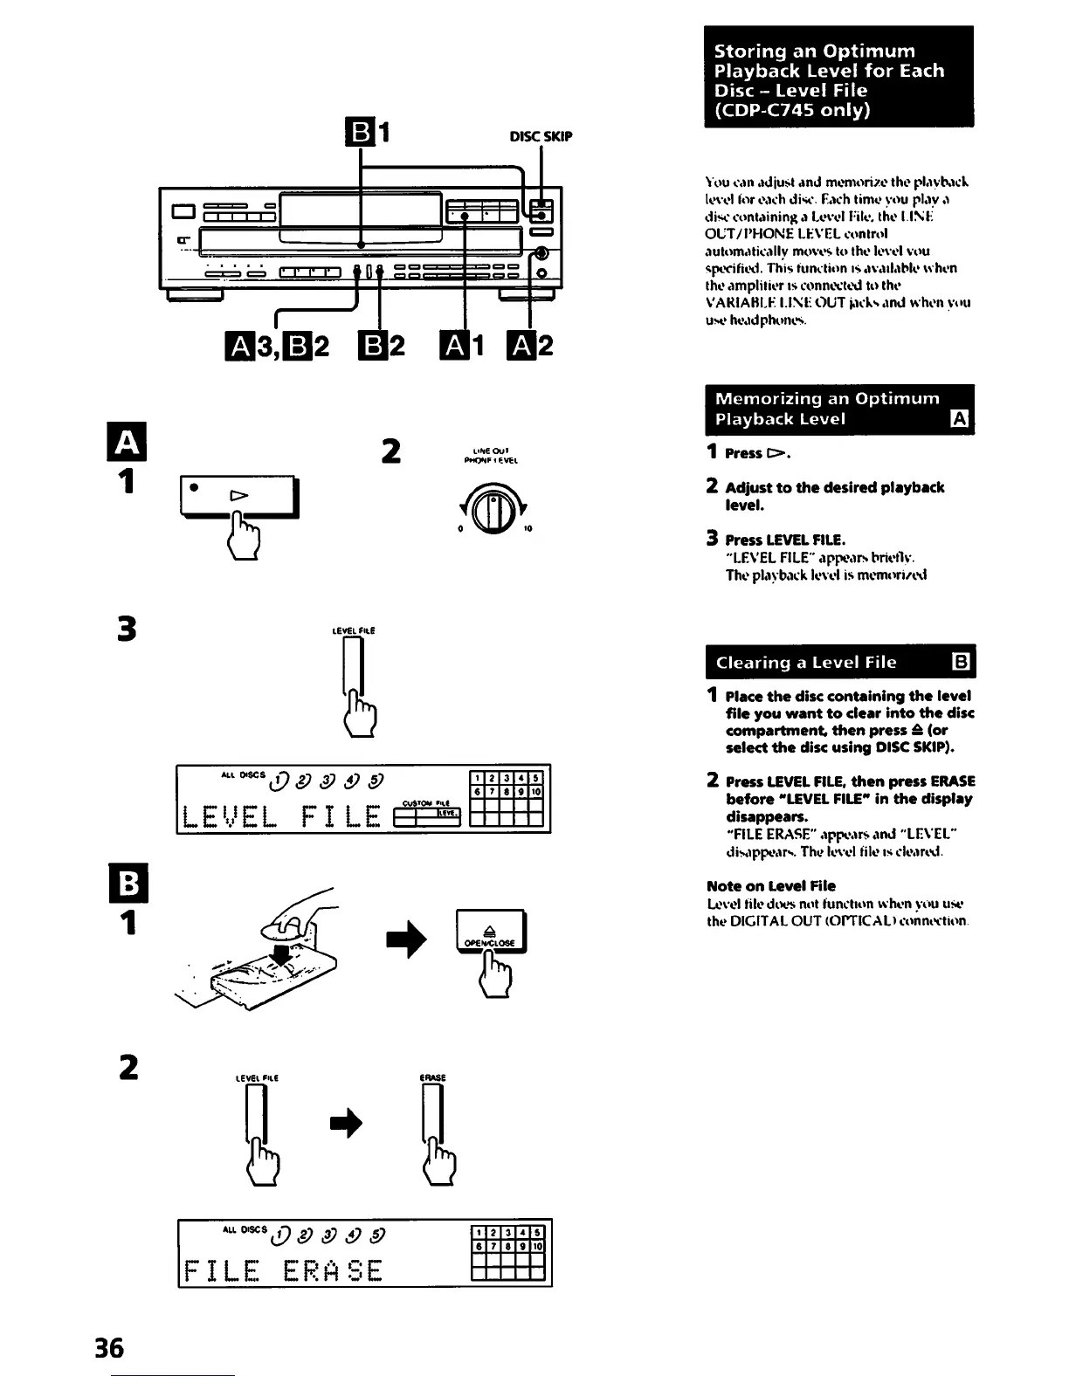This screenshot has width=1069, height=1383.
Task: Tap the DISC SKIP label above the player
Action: pos(541,136)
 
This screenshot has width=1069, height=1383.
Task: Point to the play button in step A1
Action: pos(238,497)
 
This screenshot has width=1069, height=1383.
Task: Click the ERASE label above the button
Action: pos(433,1077)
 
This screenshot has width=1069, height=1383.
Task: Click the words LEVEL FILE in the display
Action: pos(282,816)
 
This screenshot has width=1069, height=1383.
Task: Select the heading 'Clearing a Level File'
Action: pos(806,662)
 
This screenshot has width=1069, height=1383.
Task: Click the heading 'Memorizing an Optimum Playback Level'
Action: pos(827,409)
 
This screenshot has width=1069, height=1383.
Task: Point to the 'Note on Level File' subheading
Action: pos(771,885)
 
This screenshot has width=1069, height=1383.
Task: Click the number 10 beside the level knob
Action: pos(528,529)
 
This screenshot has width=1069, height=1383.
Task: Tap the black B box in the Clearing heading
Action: pos(958,662)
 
